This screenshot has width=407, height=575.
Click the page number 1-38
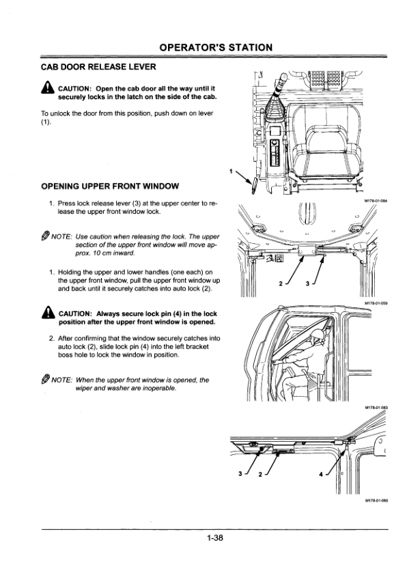click(215, 538)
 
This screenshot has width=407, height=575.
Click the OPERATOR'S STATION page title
click(216, 48)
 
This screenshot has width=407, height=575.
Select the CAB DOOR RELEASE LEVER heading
click(98, 67)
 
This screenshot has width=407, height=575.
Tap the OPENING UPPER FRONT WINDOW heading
click(110, 186)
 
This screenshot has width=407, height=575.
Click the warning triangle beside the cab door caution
click(48, 88)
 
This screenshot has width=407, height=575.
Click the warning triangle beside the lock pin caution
click(48, 313)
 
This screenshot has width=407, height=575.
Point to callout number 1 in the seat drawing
click(231, 171)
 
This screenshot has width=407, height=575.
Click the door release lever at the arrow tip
click(254, 186)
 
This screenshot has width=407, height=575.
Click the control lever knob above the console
click(283, 78)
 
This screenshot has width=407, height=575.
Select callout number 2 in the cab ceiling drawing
click(281, 283)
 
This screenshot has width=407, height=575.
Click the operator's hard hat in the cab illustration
click(318, 334)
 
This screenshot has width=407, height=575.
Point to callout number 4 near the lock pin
click(321, 474)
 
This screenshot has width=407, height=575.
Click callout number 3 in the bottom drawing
click(240, 473)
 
